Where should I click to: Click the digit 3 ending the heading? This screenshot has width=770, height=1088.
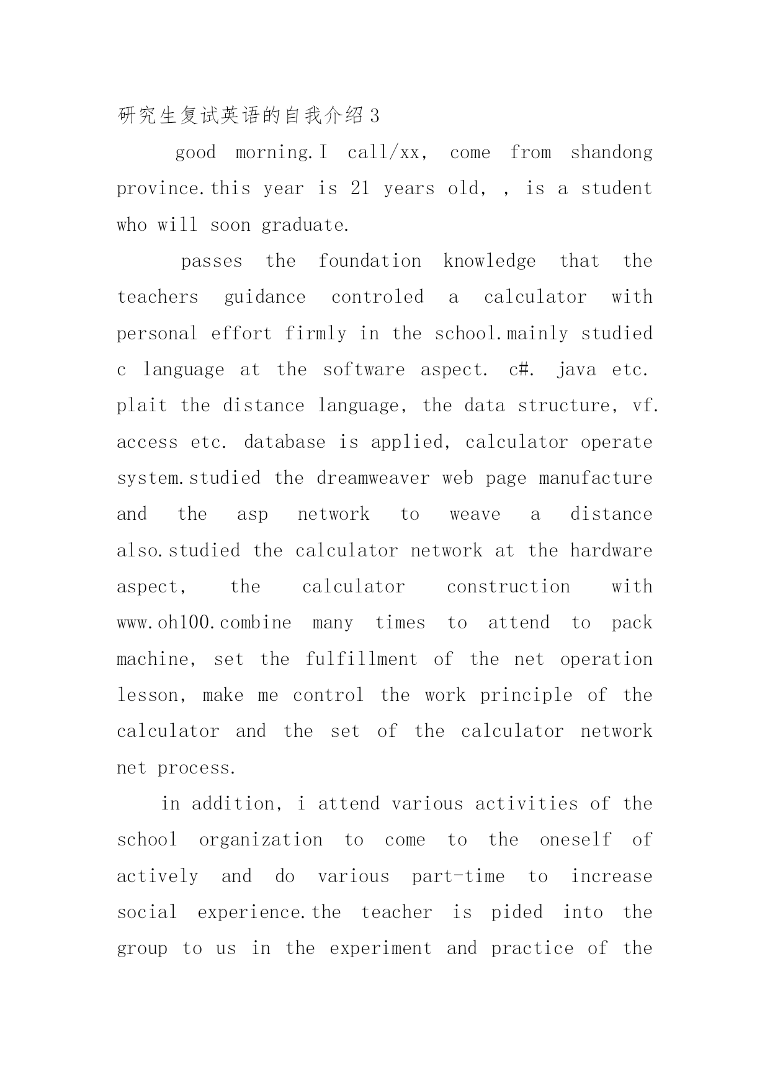click(374, 116)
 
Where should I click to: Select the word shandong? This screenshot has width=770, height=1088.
click(611, 153)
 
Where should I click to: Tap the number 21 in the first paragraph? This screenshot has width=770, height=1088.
click(360, 189)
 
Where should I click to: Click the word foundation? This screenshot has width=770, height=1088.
click(370, 261)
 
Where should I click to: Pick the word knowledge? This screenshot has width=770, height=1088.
click(490, 261)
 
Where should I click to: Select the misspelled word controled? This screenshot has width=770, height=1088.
click(377, 297)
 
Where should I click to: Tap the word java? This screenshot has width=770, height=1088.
click(576, 370)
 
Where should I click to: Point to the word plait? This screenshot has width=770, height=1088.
click(142, 406)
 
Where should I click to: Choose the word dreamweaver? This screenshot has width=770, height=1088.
click(373, 478)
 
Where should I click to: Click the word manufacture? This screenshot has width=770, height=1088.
click(596, 478)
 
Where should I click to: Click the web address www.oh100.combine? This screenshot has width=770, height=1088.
click(204, 623)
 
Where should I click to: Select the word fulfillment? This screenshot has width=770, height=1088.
click(361, 659)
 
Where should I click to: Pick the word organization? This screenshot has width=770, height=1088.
click(261, 840)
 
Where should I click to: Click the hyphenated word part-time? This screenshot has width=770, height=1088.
click(458, 876)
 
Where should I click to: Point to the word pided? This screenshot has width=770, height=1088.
click(517, 912)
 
